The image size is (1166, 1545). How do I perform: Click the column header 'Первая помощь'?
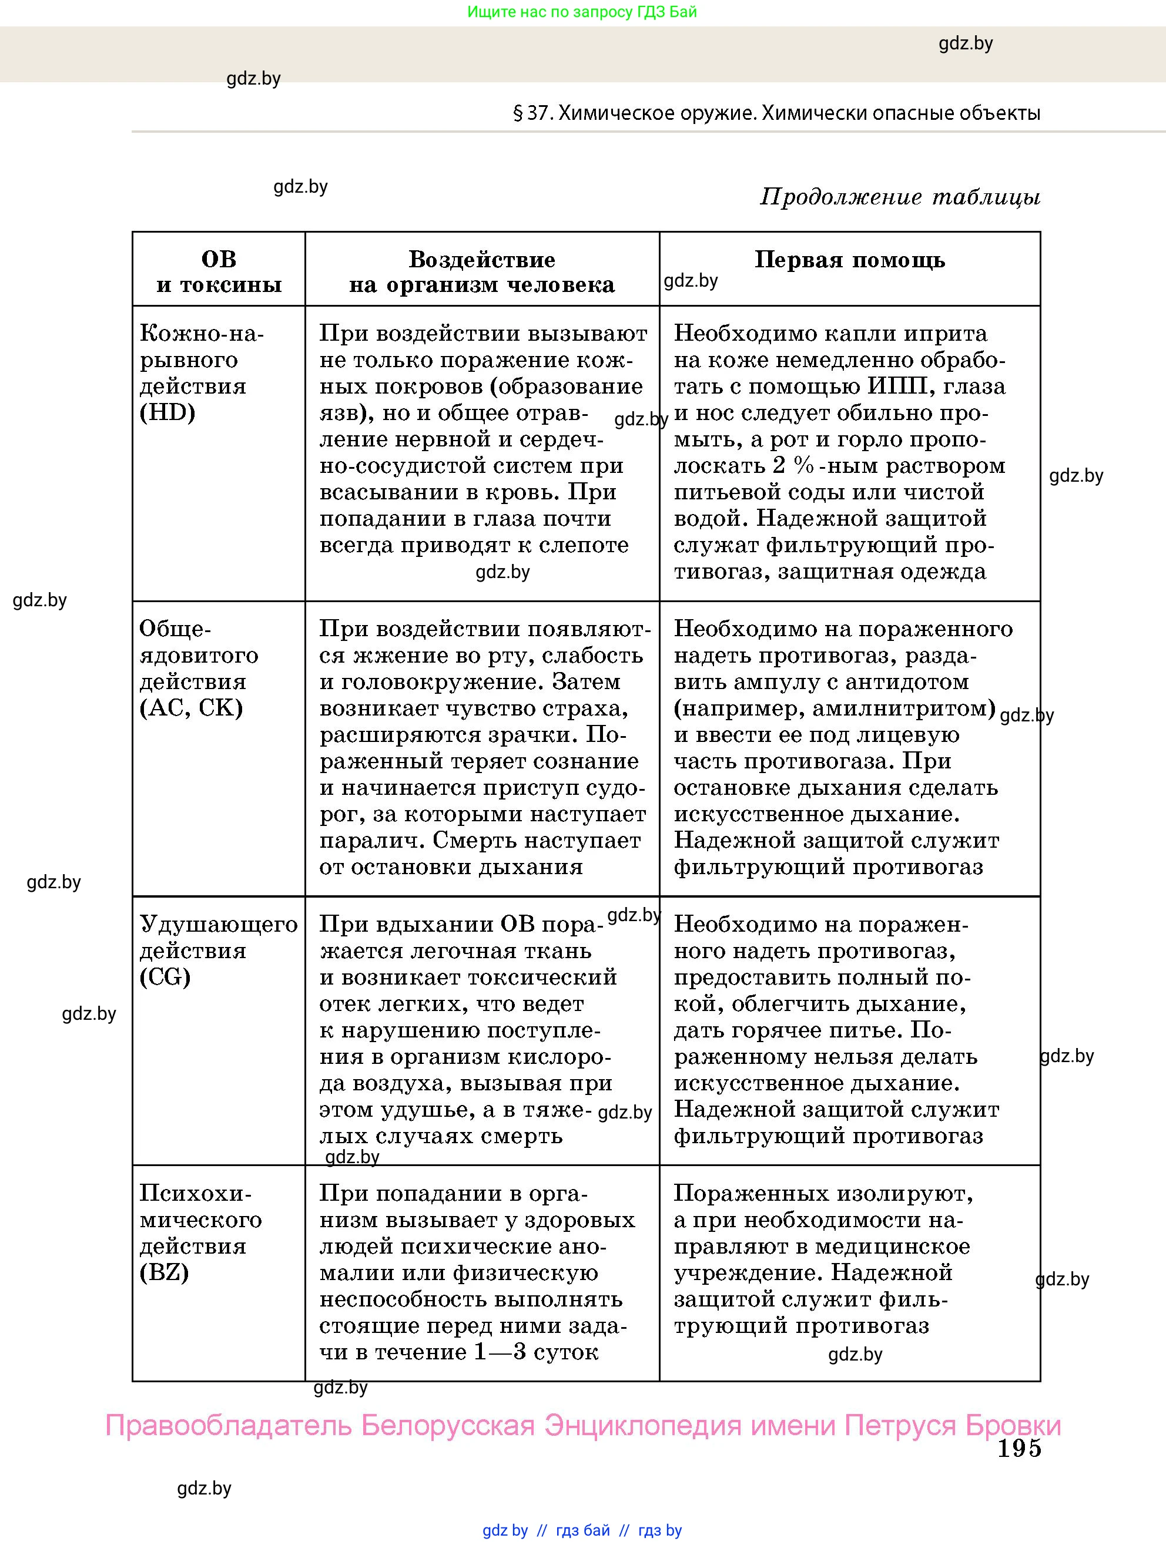tap(850, 260)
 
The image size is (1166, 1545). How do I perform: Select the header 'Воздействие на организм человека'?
tap(482, 272)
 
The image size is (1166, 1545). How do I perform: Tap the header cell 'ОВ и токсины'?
tap(219, 272)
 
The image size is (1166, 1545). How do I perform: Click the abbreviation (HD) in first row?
tap(167, 413)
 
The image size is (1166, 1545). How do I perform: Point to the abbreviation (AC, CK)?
tap(192, 708)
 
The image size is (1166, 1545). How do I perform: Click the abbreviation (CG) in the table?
tap(166, 977)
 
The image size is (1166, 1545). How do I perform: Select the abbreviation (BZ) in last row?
tap(165, 1272)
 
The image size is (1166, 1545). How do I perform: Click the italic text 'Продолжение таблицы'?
tap(900, 197)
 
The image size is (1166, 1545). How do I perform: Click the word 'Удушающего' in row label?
tap(219, 924)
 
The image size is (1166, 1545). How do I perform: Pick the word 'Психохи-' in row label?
tap(196, 1193)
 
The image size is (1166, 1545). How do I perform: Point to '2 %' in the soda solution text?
tap(793, 466)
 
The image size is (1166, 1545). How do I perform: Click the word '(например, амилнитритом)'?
tap(834, 708)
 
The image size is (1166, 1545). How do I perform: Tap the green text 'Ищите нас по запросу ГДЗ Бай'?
tap(582, 12)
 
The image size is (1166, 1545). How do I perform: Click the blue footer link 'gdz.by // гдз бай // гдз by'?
tap(582, 1530)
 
